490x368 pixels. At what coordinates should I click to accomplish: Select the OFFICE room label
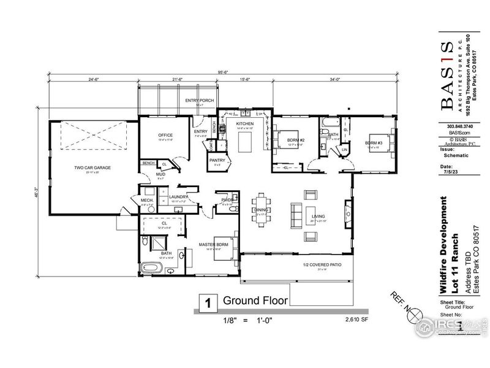(x=165, y=135)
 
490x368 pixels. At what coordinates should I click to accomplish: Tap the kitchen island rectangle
(x=244, y=144)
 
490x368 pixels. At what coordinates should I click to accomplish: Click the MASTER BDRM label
(x=213, y=246)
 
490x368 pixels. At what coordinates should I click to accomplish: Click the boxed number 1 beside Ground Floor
(x=208, y=302)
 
